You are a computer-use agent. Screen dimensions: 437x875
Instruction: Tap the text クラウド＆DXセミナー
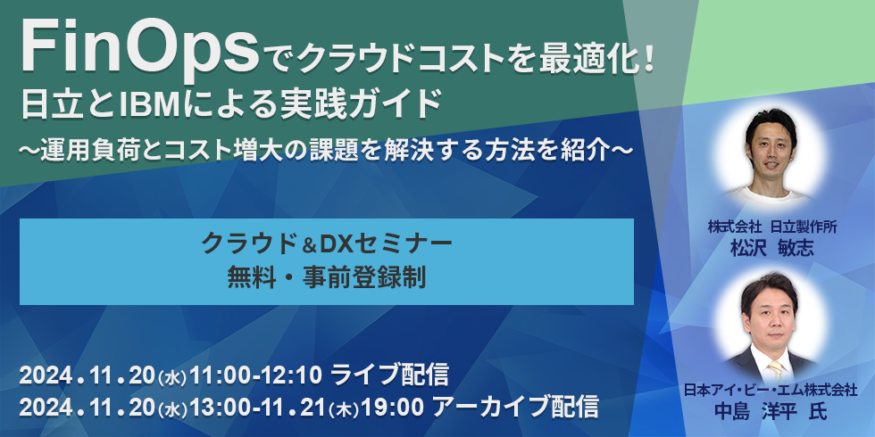coord(327,242)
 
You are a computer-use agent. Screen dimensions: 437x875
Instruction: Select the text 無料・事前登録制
coord(327,277)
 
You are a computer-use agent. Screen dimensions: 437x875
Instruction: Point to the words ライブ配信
coord(389,373)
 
